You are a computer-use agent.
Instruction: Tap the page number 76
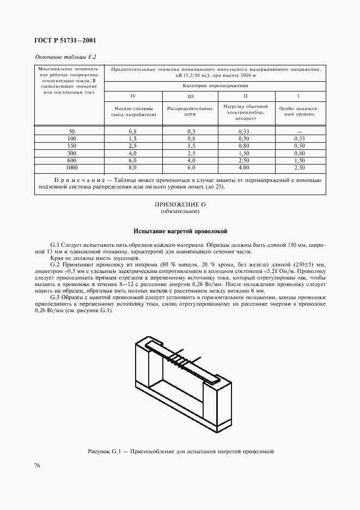(x=37, y=465)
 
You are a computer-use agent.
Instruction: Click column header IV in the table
(x=132, y=97)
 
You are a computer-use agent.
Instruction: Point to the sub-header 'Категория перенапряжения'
(x=215, y=86)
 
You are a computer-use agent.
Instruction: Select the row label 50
(x=72, y=132)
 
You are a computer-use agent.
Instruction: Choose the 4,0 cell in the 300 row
(x=132, y=154)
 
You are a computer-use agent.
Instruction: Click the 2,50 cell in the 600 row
(x=243, y=162)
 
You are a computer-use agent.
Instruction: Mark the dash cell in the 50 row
(x=300, y=132)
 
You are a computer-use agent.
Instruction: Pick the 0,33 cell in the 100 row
(x=300, y=139)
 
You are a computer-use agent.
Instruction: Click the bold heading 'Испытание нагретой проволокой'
(x=180, y=232)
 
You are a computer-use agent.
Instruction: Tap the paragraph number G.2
(x=56, y=263)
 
